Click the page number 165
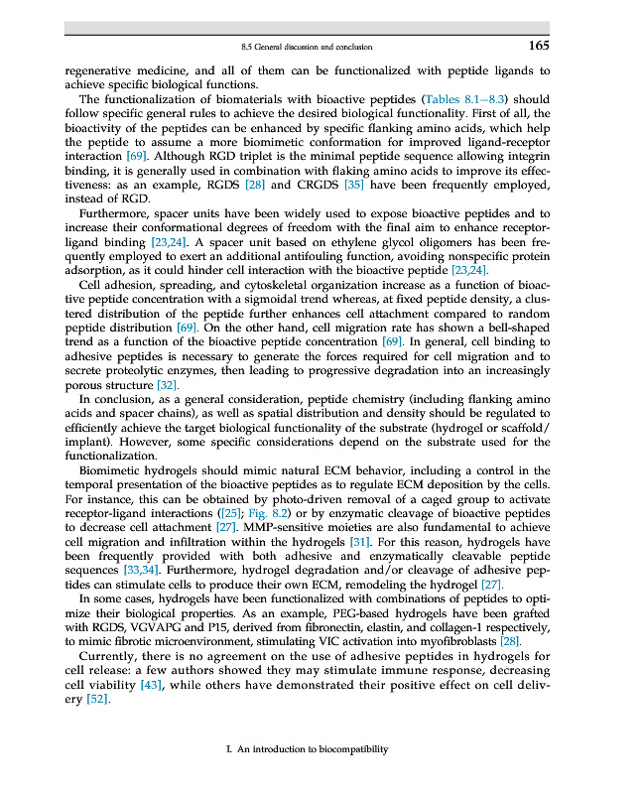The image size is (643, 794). pos(538,45)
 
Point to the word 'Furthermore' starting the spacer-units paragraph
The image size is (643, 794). pos(113,214)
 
